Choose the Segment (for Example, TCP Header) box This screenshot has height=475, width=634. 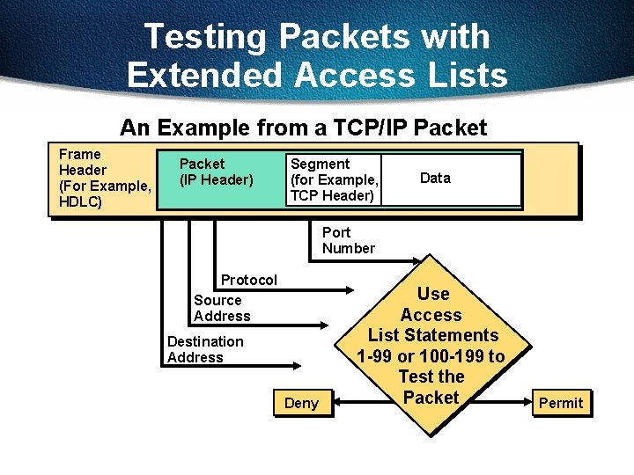coord(332,179)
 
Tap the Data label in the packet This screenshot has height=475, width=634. coord(435,179)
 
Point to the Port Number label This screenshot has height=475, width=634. coord(348,240)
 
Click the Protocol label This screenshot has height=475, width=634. coord(248,280)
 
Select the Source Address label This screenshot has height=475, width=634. coord(222,308)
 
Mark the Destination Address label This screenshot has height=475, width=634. coord(205,349)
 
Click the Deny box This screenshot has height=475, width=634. coord(302,403)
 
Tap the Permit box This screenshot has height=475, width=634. coord(561,403)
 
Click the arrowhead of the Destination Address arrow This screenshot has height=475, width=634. coord(313,366)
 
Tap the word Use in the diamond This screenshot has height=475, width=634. coord(432,294)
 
